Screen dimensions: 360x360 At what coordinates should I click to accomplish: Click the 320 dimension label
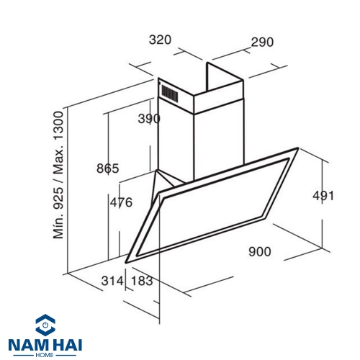coord(160,40)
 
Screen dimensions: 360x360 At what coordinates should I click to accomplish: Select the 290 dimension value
coord(262,42)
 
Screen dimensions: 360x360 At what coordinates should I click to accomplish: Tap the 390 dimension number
coord(149,119)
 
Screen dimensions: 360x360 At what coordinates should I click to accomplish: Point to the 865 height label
coord(108,168)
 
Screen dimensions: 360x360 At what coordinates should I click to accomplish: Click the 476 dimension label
coord(121,202)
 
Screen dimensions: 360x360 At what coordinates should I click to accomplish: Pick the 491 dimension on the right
coord(323,196)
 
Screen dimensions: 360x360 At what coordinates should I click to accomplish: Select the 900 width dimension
coord(260,251)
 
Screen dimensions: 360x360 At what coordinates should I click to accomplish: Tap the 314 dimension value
coord(112,281)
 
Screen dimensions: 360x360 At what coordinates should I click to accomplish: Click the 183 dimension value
coord(142,281)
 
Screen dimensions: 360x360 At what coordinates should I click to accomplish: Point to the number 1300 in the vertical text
coord(58,126)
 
